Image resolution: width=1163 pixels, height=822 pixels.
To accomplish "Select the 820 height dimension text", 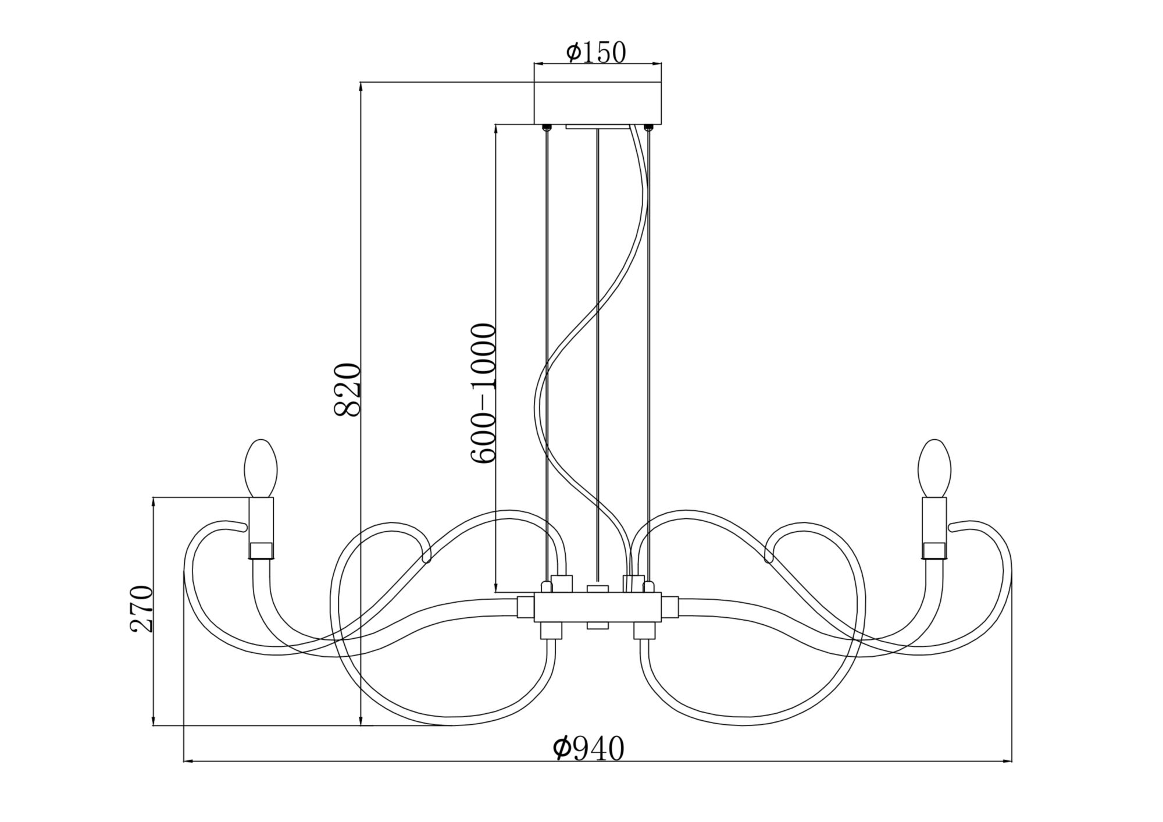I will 348,390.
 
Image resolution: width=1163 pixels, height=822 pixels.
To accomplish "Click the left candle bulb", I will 261,468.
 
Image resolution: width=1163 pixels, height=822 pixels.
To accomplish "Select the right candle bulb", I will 934,468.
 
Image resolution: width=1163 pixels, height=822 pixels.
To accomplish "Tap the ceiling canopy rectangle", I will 598,103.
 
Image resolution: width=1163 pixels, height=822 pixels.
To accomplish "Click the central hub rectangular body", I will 598,607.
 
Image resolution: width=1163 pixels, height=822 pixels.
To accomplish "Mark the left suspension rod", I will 547,349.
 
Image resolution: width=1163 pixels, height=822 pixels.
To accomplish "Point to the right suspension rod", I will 648,349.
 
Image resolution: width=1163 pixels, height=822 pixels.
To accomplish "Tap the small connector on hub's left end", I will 526,607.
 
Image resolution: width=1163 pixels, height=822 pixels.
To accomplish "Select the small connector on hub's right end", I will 670,607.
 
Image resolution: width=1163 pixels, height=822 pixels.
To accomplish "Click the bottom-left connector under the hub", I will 551,631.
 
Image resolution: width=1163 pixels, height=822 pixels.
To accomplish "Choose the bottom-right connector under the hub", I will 644,631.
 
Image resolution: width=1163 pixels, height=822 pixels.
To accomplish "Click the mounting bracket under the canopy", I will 597,126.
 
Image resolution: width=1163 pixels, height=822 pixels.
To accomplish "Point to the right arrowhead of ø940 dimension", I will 1009,760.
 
